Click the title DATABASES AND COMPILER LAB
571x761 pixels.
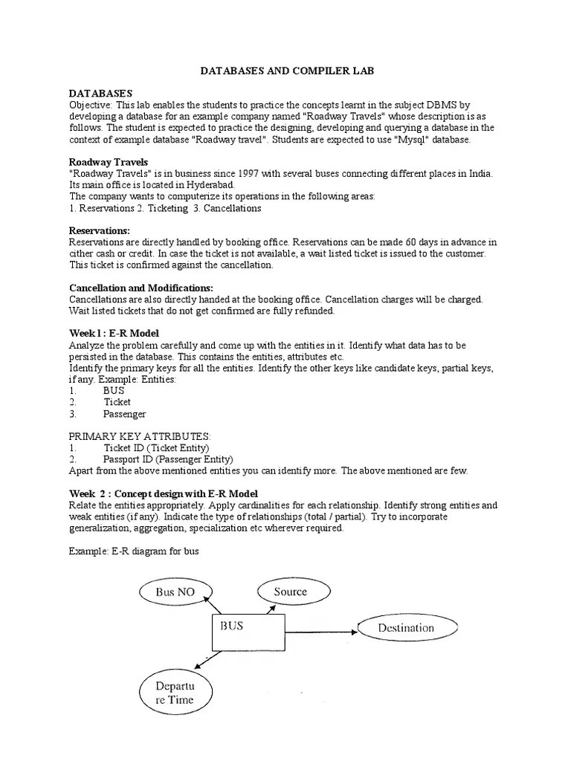click(285, 71)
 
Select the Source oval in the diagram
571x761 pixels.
click(289, 592)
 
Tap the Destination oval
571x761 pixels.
click(405, 627)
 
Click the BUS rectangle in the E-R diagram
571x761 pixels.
click(248, 633)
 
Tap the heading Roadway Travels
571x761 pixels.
click(108, 161)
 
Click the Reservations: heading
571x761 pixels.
click(99, 230)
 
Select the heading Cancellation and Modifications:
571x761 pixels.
click(141, 288)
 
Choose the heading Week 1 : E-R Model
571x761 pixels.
click(114, 334)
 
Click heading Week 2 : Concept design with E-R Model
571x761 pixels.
click(164, 493)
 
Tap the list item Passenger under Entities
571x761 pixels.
click(124, 414)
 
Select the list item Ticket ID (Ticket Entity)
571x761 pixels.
click(156, 448)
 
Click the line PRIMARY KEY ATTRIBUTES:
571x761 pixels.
click(140, 436)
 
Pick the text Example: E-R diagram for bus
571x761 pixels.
click(135, 551)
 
